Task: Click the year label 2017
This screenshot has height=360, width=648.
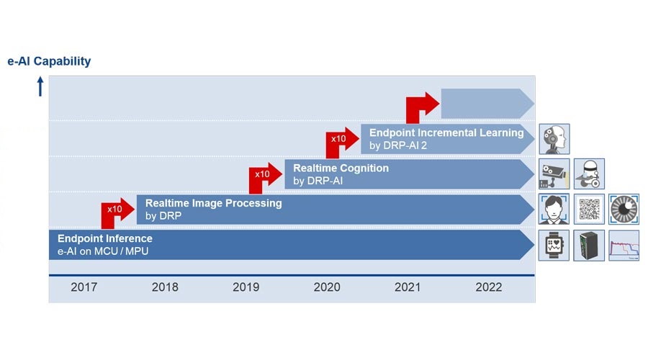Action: [x=84, y=287]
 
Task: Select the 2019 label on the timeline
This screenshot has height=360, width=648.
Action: [x=246, y=287]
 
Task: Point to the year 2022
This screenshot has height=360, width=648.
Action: [x=489, y=287]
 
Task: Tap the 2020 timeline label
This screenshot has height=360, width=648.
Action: [x=327, y=287]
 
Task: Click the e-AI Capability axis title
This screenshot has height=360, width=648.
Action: [x=49, y=61]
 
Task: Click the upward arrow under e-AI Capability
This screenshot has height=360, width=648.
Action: [x=40, y=87]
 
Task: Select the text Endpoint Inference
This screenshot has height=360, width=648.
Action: [x=105, y=238]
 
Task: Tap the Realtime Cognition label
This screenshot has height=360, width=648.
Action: [x=341, y=168]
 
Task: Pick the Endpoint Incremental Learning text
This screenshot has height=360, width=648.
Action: [x=446, y=132]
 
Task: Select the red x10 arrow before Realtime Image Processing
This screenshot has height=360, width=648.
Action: [x=117, y=212]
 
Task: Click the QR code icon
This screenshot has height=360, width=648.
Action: [x=589, y=210]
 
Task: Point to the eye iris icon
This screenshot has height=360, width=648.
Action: [x=624, y=210]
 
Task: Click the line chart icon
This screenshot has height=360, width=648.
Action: [x=624, y=245]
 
